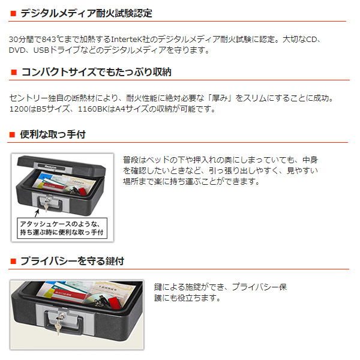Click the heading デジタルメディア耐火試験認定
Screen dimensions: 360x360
click(86, 13)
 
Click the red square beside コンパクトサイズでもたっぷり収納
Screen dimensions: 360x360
click(14, 72)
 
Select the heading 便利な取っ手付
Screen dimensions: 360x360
click(53, 134)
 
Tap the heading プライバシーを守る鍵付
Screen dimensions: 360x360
click(73, 261)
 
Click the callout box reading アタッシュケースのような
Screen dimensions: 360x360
click(62, 228)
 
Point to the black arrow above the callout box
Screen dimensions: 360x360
click(37, 213)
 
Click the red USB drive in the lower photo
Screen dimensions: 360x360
click(115, 302)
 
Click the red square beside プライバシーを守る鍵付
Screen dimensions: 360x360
click(13, 261)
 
